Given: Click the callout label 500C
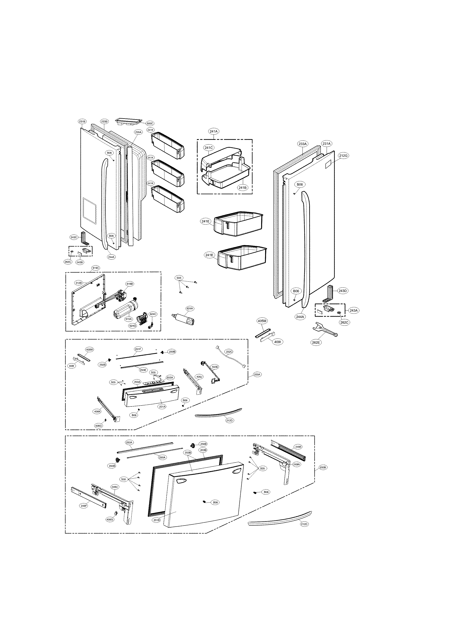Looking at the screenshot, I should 150,124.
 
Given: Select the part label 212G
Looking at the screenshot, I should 343,156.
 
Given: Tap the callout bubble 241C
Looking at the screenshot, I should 209,148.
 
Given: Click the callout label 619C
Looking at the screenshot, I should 95,268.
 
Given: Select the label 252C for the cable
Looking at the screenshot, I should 229,352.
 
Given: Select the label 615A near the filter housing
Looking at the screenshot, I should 129,319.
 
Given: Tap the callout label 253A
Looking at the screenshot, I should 129,442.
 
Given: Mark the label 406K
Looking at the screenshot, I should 97,412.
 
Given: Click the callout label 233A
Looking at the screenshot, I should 302,144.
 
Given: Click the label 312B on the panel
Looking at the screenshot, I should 79,283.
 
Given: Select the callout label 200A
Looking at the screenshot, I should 257,375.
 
